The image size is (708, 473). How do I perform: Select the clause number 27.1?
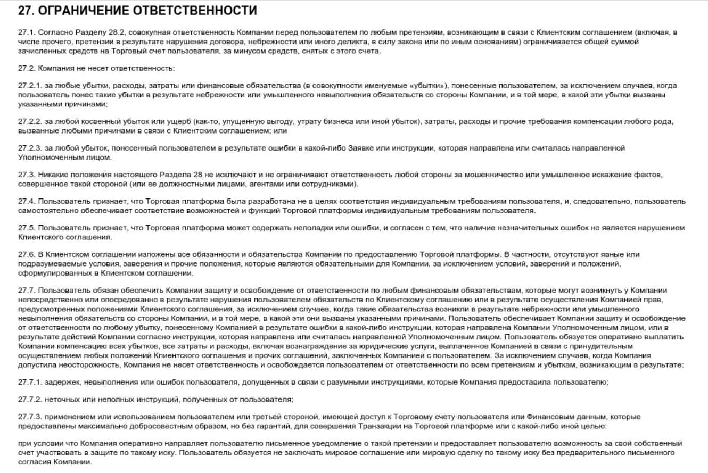coord(26,33)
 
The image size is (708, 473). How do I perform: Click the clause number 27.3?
coord(26,175)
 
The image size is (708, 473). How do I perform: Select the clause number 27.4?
coord(26,202)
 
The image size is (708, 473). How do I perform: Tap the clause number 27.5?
coord(26,228)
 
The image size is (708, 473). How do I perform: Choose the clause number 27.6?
coord(26,255)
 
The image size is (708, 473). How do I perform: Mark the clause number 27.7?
coord(26,291)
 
